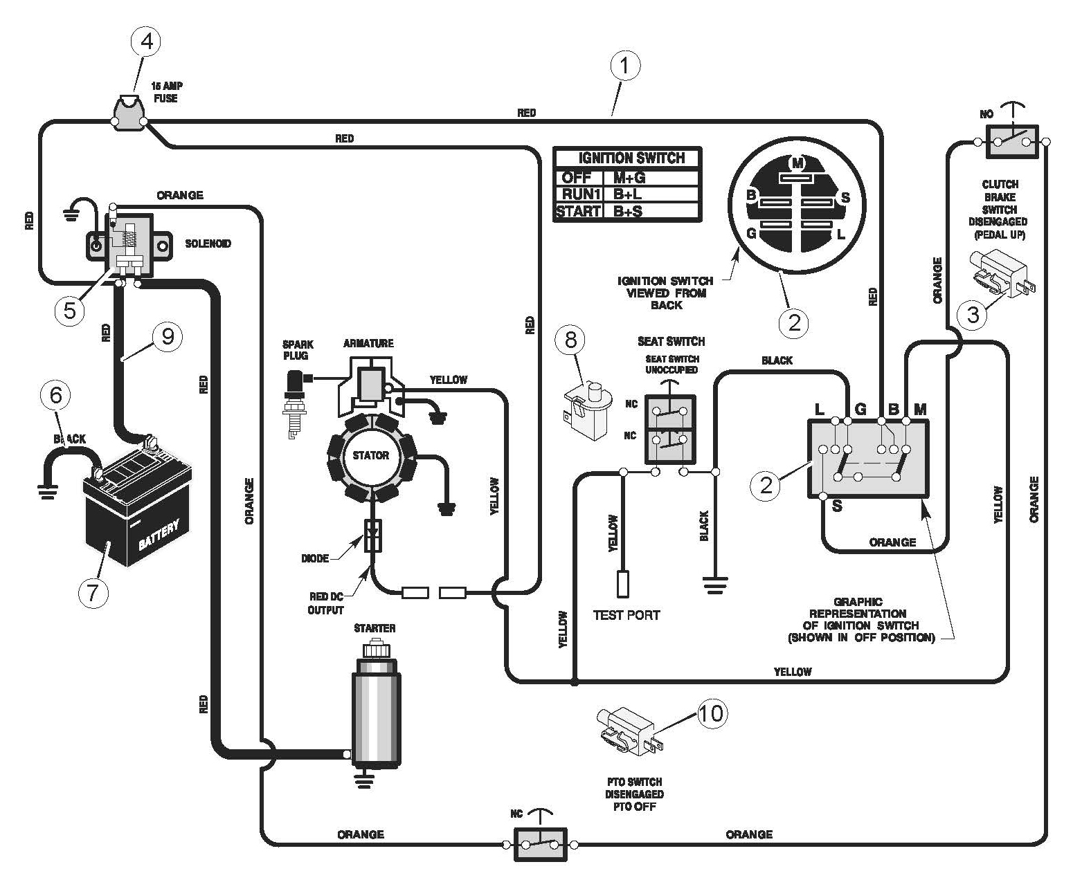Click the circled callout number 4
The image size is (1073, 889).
tap(147, 41)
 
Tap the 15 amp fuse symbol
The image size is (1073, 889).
tap(129, 113)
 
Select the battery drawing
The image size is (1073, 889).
tap(136, 501)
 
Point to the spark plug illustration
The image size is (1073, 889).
tap(297, 404)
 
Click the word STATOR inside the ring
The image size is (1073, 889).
tap(370, 455)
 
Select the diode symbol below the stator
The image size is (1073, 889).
tap(372, 535)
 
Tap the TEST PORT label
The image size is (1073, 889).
tap(626, 615)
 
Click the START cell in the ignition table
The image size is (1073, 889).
tap(578, 211)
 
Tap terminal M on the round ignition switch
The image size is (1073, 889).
tap(797, 163)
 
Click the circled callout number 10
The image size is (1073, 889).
tap(712, 713)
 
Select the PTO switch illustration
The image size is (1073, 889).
tap(630, 732)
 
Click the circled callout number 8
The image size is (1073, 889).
tap(570, 340)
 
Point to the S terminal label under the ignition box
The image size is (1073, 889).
tap(837, 506)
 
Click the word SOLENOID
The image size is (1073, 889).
tap(208, 244)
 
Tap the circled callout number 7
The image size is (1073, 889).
tap(93, 593)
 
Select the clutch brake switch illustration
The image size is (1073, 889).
tap(1002, 274)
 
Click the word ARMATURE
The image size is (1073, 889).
tap(368, 343)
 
